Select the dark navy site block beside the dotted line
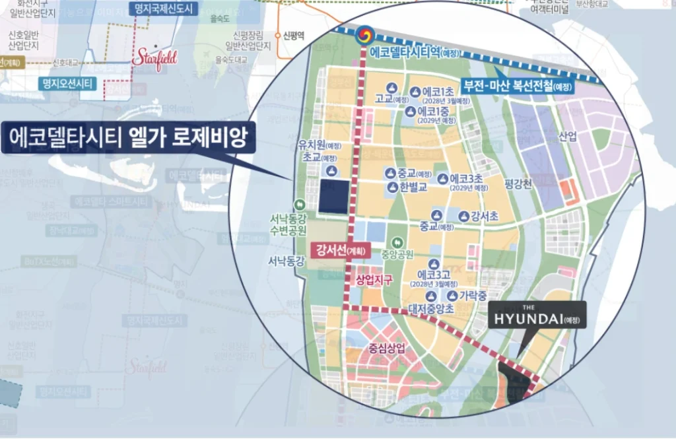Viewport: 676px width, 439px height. (333, 197)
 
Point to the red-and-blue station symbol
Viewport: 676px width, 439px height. (362, 34)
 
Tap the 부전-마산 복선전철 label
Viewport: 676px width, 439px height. (518, 86)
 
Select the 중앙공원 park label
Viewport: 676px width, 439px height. (415, 253)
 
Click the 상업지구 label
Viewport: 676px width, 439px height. (374, 280)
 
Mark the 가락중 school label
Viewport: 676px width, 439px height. (473, 295)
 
